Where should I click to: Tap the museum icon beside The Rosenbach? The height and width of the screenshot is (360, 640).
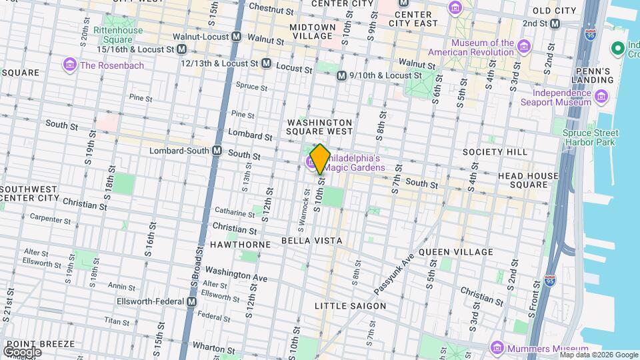(69, 65)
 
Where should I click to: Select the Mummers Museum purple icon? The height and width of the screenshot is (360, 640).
(497, 348)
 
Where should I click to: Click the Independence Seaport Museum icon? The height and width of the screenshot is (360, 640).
(602, 97)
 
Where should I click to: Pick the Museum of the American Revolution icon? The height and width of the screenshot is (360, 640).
(524, 47)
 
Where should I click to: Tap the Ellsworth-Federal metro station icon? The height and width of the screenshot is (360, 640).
(192, 301)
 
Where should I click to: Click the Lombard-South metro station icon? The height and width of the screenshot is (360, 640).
(217, 151)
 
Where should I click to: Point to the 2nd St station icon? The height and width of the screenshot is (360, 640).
(555, 23)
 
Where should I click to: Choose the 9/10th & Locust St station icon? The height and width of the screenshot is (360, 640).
(341, 76)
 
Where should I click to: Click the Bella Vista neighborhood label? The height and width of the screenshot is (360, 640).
(311, 240)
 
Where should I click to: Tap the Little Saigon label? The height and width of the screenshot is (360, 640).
(350, 306)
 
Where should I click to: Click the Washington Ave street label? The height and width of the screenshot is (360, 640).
(236, 273)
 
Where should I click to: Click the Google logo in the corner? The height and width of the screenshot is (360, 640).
(23, 352)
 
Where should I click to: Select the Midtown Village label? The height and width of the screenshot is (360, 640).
(313, 32)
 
